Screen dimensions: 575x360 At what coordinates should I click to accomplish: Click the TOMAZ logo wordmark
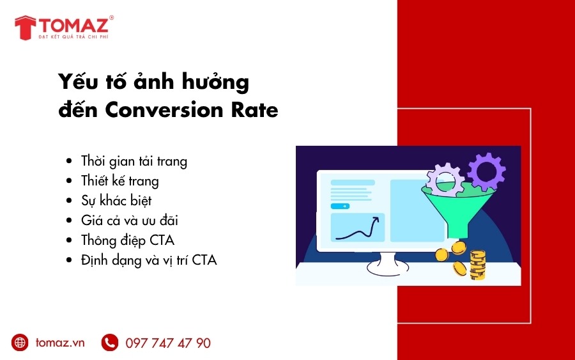(73, 25)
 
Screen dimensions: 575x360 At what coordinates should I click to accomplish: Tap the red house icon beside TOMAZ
(26, 27)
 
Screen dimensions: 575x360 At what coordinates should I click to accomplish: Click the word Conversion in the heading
(164, 110)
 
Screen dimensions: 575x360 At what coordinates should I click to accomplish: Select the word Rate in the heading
(254, 110)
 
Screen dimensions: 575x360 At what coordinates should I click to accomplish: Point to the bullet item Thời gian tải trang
(134, 162)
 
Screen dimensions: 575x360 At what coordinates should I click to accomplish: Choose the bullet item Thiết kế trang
(120, 182)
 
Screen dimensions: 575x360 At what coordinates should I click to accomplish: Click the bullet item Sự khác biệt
(116, 201)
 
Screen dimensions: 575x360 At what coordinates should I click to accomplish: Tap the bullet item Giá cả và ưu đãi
(130, 221)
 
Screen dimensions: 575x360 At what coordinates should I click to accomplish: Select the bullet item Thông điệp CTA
(128, 240)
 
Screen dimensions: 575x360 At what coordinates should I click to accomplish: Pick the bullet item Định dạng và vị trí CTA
(149, 260)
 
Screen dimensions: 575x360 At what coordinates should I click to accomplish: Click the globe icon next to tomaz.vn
(20, 342)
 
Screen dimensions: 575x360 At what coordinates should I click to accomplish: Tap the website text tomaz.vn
(60, 343)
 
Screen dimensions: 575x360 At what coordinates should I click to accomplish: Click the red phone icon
(110, 342)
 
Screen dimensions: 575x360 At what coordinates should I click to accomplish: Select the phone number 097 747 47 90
(168, 343)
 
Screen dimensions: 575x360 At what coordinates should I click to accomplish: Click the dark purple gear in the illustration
(487, 171)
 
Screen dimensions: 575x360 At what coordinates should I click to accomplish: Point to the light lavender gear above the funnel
(445, 180)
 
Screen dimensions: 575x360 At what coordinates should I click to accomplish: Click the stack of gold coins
(477, 265)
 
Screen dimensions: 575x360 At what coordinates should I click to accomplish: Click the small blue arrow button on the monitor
(340, 207)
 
